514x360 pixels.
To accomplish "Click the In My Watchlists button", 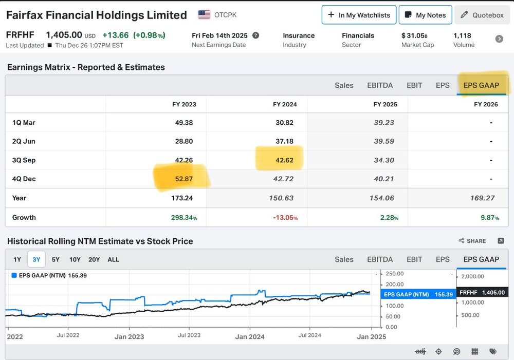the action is (x=359, y=15).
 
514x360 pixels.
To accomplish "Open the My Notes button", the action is (x=426, y=15).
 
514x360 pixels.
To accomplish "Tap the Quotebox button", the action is (x=482, y=15).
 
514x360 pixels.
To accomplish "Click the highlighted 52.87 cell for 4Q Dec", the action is (x=184, y=179).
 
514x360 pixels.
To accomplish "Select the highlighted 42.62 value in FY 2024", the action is (x=285, y=160).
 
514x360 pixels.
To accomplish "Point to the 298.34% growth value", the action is (x=184, y=218).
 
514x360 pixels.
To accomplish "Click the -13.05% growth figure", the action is (x=285, y=218).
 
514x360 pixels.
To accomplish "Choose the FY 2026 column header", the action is (x=486, y=104).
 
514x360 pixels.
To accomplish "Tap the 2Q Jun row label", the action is (x=24, y=141).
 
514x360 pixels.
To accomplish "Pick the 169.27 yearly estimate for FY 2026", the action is (x=483, y=198).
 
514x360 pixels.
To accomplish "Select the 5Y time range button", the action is (x=56, y=259).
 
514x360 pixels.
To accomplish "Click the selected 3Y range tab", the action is (x=36, y=259).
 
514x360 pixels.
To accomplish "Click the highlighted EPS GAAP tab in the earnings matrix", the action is (x=481, y=85).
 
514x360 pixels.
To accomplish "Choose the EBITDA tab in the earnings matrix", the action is (x=380, y=85).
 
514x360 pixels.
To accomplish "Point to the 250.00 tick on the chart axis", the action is (x=395, y=274).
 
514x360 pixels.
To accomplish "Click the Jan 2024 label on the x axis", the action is (x=250, y=336).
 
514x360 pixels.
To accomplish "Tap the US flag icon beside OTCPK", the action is (x=204, y=15).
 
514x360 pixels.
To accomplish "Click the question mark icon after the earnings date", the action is (x=255, y=35).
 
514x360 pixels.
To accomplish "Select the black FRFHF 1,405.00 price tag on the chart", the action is (x=482, y=293).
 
